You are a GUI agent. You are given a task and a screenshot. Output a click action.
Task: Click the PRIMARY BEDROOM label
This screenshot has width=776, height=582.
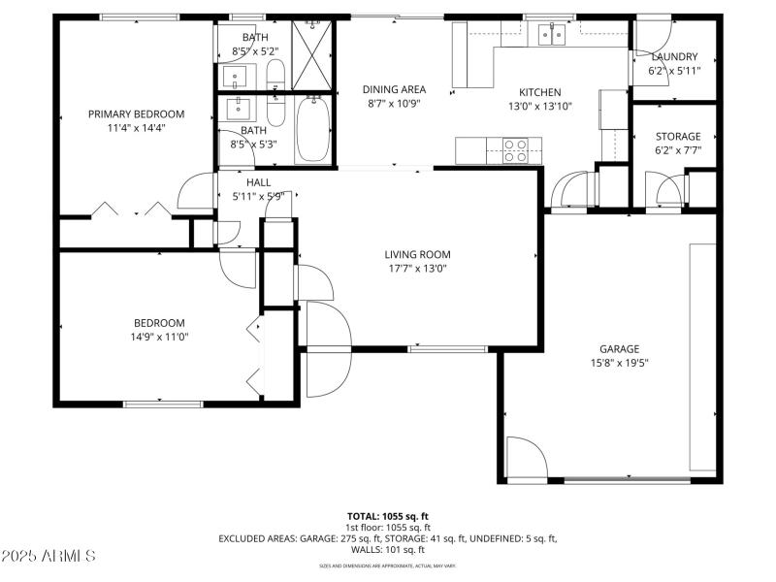click(136, 113)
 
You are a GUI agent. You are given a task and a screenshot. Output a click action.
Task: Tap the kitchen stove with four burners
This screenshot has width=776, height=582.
click(514, 150)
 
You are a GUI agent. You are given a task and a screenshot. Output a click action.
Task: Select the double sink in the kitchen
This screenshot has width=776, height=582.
click(552, 36)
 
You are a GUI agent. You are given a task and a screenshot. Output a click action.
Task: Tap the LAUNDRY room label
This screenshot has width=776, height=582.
click(674, 57)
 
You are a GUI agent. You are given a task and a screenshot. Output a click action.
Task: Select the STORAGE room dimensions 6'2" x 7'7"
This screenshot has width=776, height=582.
click(677, 150)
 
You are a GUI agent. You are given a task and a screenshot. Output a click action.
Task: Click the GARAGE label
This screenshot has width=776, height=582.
click(619, 348)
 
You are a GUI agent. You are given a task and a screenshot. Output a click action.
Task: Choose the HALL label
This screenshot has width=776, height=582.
click(258, 182)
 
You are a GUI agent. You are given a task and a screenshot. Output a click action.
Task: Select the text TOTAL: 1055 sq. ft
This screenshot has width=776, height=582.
click(387, 516)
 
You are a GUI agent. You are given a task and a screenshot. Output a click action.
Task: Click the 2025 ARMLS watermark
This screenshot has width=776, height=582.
click(48, 556)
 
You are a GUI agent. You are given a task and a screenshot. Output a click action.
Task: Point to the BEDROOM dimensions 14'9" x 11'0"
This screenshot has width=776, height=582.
click(159, 337)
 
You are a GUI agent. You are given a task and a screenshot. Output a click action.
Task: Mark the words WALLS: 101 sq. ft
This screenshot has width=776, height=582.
click(387, 549)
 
